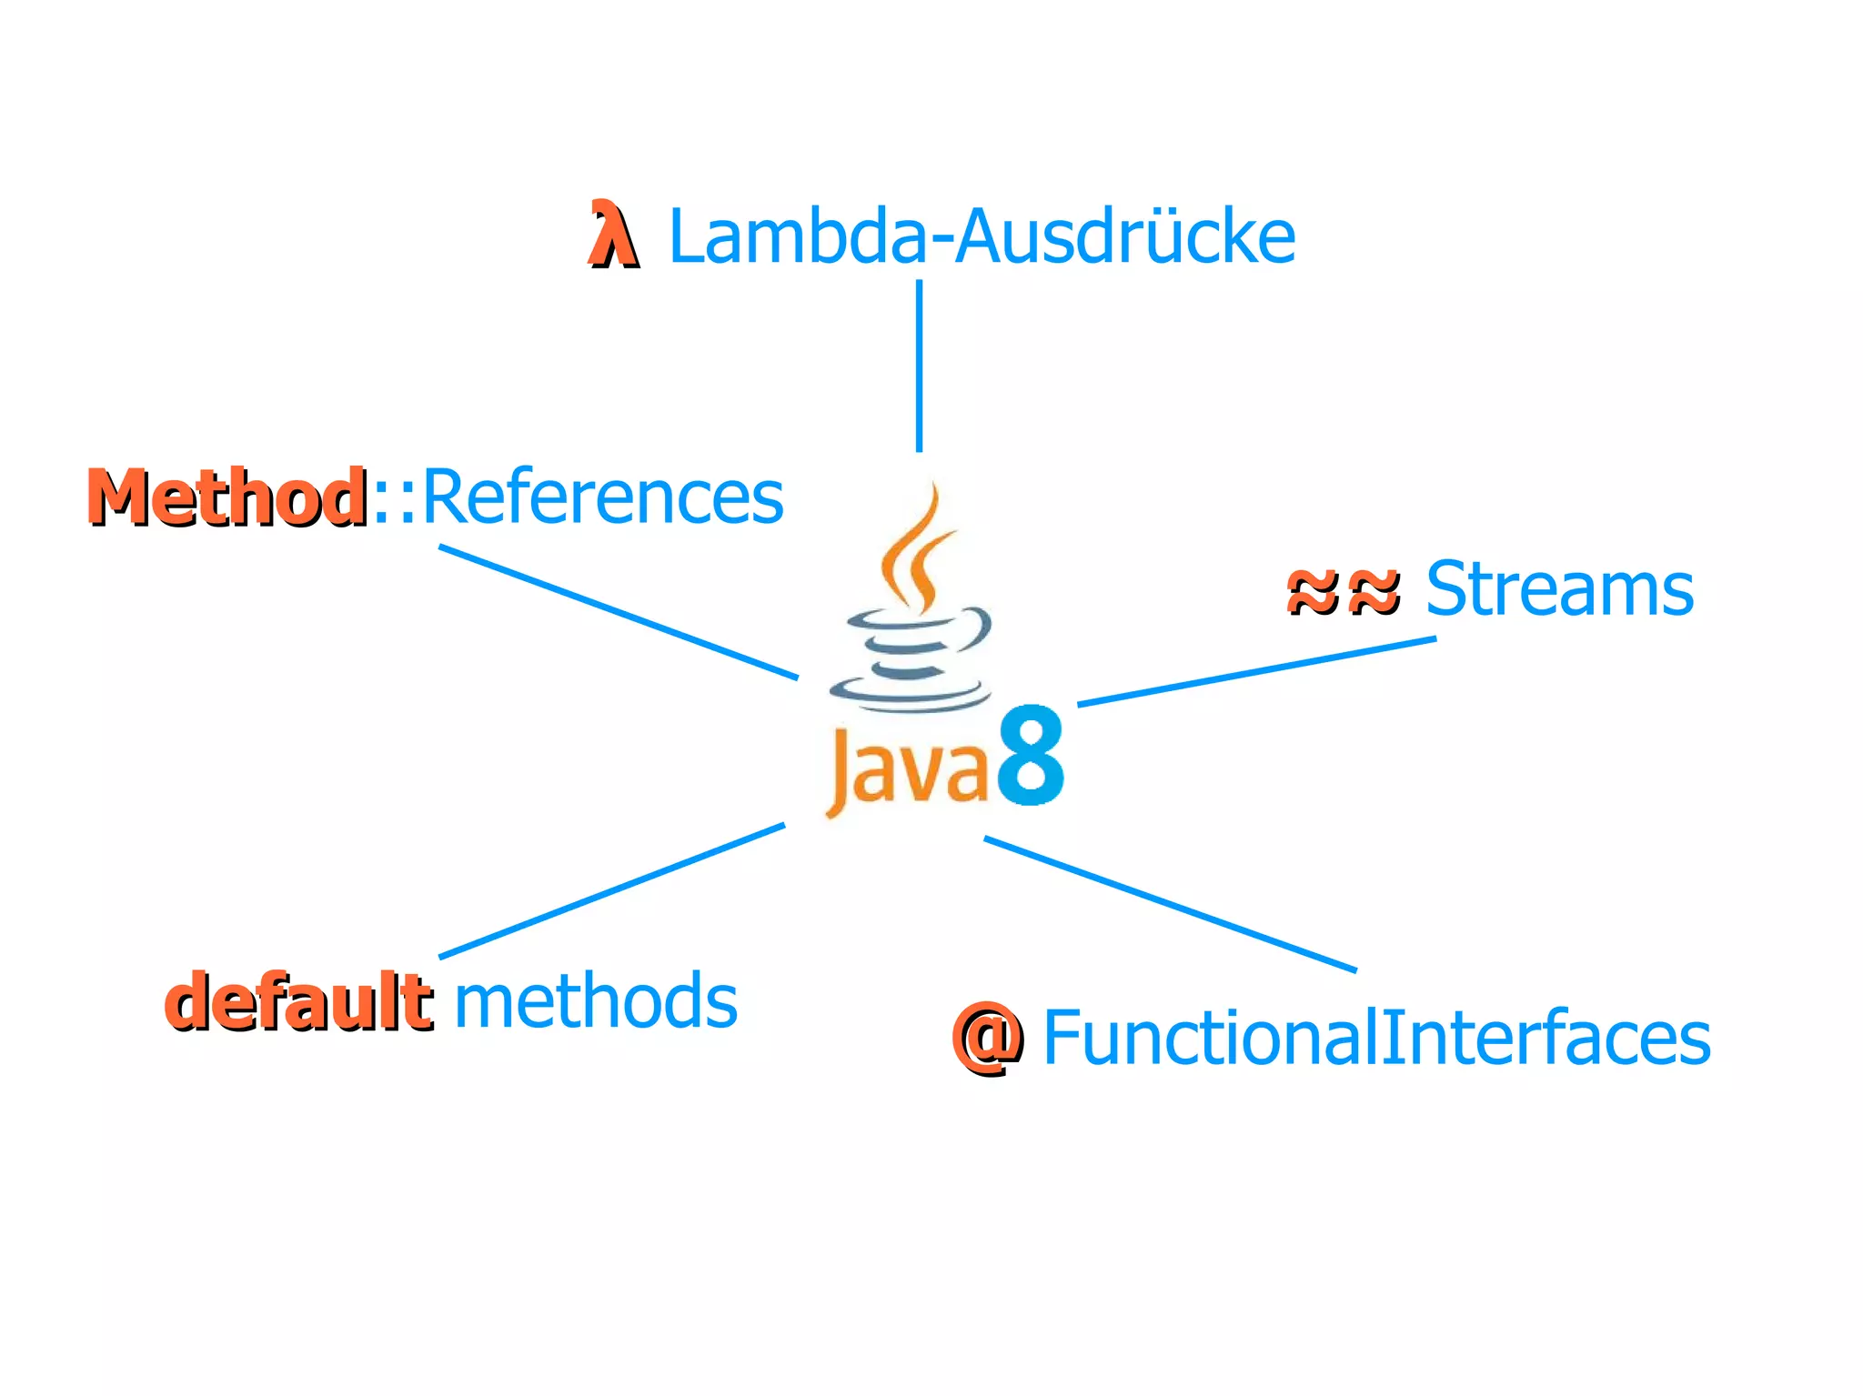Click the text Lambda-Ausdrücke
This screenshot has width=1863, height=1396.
(981, 236)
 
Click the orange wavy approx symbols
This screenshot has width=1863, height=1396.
(1343, 591)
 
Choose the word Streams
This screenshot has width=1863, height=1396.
(1558, 588)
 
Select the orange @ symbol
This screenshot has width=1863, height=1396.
(986, 1039)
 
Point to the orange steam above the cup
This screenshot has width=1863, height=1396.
(917, 551)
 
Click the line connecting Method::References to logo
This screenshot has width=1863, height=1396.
(619, 612)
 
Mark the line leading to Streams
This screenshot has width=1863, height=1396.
(1255, 671)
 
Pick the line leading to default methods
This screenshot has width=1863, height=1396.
(611, 890)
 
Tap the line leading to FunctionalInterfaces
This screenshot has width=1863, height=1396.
(1170, 904)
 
